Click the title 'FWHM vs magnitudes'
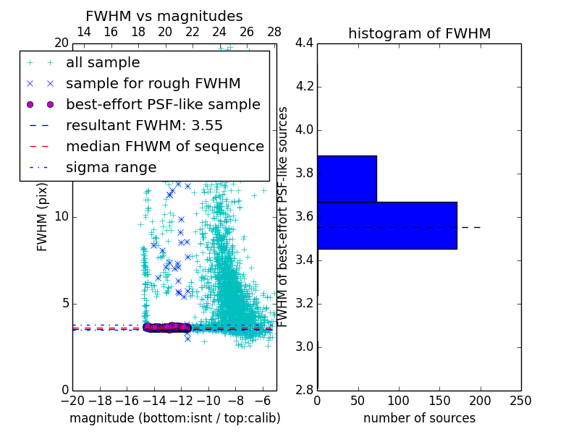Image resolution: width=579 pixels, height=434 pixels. (x=164, y=16)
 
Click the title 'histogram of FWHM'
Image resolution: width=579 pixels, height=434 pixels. (x=419, y=33)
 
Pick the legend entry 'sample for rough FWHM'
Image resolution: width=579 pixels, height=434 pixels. (x=153, y=84)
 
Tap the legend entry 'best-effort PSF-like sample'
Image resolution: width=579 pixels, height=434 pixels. (x=163, y=104)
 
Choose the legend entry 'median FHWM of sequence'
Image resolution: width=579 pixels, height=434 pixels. (x=164, y=146)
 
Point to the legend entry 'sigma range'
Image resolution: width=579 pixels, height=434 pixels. (x=111, y=167)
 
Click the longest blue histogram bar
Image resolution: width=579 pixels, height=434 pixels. (x=387, y=225)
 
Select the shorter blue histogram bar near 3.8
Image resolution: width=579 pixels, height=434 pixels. (x=347, y=179)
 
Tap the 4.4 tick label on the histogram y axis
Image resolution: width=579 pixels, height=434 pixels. (x=304, y=43)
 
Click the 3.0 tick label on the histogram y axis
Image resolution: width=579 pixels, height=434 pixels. (x=304, y=347)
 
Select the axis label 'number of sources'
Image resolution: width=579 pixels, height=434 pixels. (x=419, y=418)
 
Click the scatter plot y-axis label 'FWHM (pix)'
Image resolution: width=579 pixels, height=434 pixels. (x=42, y=216)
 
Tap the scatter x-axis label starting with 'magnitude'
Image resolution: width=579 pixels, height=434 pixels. (x=174, y=418)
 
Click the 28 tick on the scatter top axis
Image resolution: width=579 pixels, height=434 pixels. (x=274, y=32)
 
